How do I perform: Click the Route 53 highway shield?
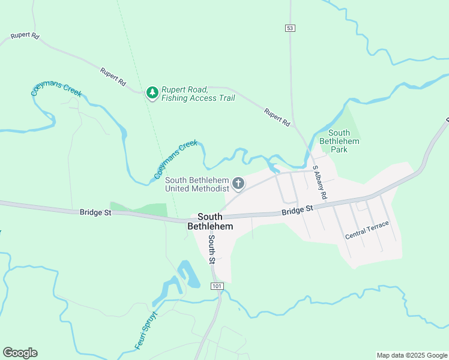pos(290,28)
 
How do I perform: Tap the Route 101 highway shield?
pos(217,286)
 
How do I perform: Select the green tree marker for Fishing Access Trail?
pos(152,93)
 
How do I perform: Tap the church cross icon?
pos(238,184)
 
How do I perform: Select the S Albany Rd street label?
pos(319,183)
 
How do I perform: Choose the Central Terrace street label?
pos(367,230)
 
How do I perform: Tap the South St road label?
pos(211,249)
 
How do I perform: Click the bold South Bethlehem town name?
pos(206,221)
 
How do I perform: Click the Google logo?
pos(20,353)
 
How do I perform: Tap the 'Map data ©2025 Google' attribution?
pos(411,355)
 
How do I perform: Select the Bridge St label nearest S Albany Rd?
pos(298,209)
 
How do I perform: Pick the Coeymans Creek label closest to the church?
pos(175,160)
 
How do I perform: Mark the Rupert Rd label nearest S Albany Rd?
pos(277,116)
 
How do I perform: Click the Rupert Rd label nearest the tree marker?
pos(113,76)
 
